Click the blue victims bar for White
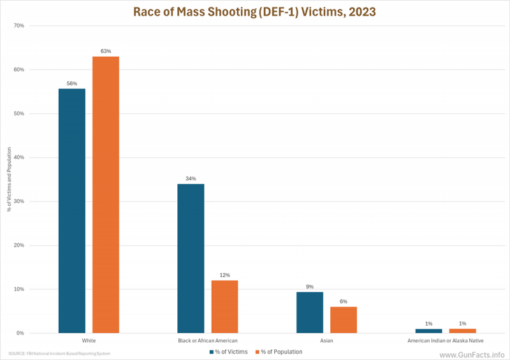coord(71,210)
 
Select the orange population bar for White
coord(106,194)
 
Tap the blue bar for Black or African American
coord(191,258)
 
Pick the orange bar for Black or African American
coord(224,306)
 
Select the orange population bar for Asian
coord(344,319)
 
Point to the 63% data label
coord(106,51)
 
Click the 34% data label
coord(191,178)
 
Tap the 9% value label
coord(310,287)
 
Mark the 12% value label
coord(224,275)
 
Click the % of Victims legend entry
coord(229,351)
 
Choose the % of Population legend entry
coord(279,351)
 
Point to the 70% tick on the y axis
coord(18,26)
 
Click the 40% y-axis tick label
coord(18,157)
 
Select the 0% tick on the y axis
coord(20,333)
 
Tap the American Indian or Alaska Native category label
coord(446,341)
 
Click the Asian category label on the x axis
coord(326,341)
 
